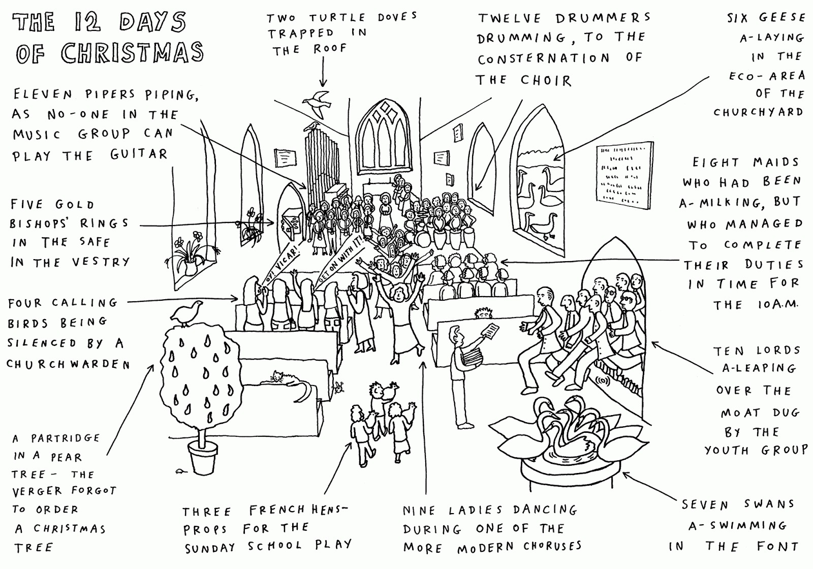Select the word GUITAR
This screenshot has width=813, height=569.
coord(138,154)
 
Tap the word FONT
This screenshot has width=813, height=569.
coord(777,547)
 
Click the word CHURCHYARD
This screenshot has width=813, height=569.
coord(758,112)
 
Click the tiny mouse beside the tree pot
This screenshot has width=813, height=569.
coord(180,471)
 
